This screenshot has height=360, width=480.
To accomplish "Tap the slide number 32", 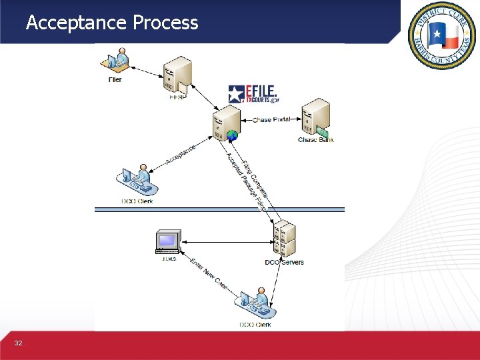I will (x=18, y=343).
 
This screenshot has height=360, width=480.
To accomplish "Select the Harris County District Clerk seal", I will (x=442, y=35).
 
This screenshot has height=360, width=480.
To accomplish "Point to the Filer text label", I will (x=115, y=80).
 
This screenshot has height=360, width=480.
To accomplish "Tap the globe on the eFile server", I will (x=232, y=136).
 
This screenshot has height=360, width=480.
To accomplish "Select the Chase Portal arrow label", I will (x=271, y=120).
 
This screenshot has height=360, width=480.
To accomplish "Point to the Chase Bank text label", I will (x=316, y=140).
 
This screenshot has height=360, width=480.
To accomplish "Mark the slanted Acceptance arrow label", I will (x=180, y=153).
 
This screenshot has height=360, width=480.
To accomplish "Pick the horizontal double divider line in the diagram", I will (x=219, y=209).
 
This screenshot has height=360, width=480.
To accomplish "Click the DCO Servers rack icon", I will (x=283, y=239).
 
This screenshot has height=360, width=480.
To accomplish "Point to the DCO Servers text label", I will (x=283, y=262).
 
